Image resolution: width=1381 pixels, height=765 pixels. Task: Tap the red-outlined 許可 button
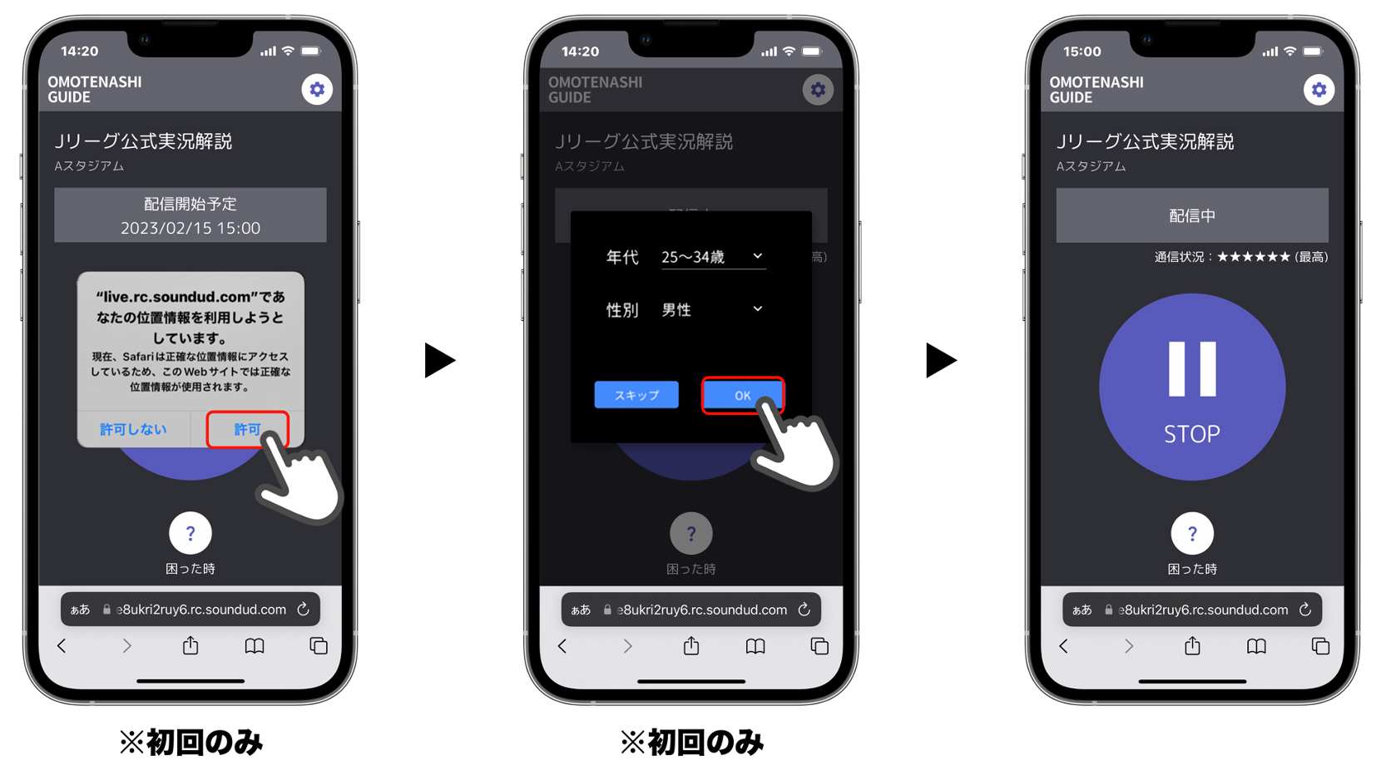pos(247,429)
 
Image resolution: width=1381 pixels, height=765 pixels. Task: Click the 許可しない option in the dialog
pos(133,429)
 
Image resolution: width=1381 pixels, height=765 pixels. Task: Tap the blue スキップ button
pos(636,394)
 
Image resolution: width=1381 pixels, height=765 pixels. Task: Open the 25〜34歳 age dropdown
pos(713,256)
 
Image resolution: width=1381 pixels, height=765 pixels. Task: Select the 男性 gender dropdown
pos(713,309)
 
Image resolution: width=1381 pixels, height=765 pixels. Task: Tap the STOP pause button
pos(1191,387)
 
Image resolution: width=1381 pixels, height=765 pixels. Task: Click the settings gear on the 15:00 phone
pos(1319,90)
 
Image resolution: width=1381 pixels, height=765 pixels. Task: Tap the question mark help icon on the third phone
pos(1191,533)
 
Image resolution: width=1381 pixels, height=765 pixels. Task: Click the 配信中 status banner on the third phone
pos(1191,215)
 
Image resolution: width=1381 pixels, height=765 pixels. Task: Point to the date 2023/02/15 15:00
pos(191,228)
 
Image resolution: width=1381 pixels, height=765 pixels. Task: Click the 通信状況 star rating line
pos(1241,257)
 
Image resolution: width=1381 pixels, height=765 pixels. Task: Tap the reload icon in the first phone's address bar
pos(304,609)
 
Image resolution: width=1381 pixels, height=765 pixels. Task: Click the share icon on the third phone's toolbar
pos(1191,645)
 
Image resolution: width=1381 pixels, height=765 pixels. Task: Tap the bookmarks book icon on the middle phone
pos(755,646)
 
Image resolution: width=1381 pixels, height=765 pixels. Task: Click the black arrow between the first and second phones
pos(440,361)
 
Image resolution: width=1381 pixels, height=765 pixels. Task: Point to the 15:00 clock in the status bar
pos(1082,52)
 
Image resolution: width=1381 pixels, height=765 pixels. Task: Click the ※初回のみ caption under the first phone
pos(191,742)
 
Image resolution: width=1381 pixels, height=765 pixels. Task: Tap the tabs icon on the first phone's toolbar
pos(318,645)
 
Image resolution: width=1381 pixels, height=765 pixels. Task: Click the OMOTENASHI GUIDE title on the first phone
pos(95,89)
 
